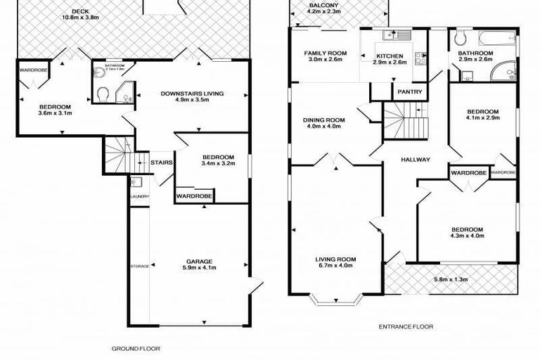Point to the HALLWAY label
[x=416, y=160]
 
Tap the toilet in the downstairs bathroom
[x=103, y=93]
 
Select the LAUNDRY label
[x=139, y=196]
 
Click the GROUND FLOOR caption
[x=136, y=348]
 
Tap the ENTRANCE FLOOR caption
[x=406, y=326]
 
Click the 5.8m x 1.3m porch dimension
[x=448, y=279]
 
